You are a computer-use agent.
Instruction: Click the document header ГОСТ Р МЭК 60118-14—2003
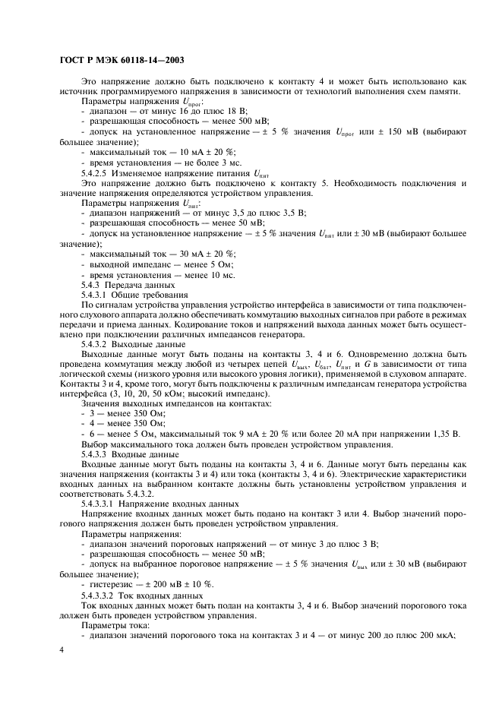point(122,60)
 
